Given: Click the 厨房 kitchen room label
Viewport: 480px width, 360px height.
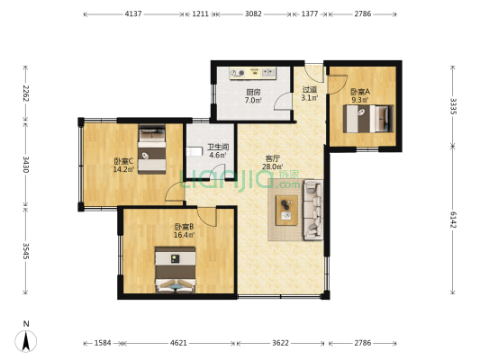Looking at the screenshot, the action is tap(253, 92).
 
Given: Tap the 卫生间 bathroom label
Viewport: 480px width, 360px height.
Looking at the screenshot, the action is tap(218, 147).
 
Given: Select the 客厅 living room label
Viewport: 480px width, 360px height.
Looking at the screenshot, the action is tap(272, 158).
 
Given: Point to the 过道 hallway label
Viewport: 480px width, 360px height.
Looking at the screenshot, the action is tap(310, 90).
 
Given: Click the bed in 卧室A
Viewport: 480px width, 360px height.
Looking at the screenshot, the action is tap(368, 119).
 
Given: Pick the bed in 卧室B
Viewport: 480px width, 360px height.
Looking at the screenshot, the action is tap(175, 269).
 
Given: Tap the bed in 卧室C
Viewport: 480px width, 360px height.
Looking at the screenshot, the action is tap(152, 149).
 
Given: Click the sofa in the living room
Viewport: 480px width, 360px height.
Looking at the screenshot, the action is tap(313, 210).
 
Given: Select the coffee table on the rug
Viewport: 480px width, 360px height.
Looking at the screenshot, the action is tap(286, 210).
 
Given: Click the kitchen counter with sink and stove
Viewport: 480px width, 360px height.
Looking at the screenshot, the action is tap(253, 73).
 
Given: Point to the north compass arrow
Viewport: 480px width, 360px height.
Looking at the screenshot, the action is tap(26, 341).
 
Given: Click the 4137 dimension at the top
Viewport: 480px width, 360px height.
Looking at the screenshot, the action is tap(133, 13).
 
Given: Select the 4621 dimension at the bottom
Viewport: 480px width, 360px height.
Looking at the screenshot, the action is tap(178, 343).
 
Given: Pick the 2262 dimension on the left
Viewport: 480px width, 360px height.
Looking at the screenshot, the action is tap(26, 94).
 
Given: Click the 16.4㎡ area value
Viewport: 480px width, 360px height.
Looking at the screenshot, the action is tap(184, 235).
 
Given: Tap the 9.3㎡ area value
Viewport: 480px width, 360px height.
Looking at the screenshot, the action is tap(360, 99).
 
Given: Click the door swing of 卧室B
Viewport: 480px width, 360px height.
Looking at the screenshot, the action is tap(206, 217).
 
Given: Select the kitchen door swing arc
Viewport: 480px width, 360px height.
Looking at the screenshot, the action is tap(282, 101).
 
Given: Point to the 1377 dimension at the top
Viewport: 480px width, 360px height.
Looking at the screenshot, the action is tap(310, 13).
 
